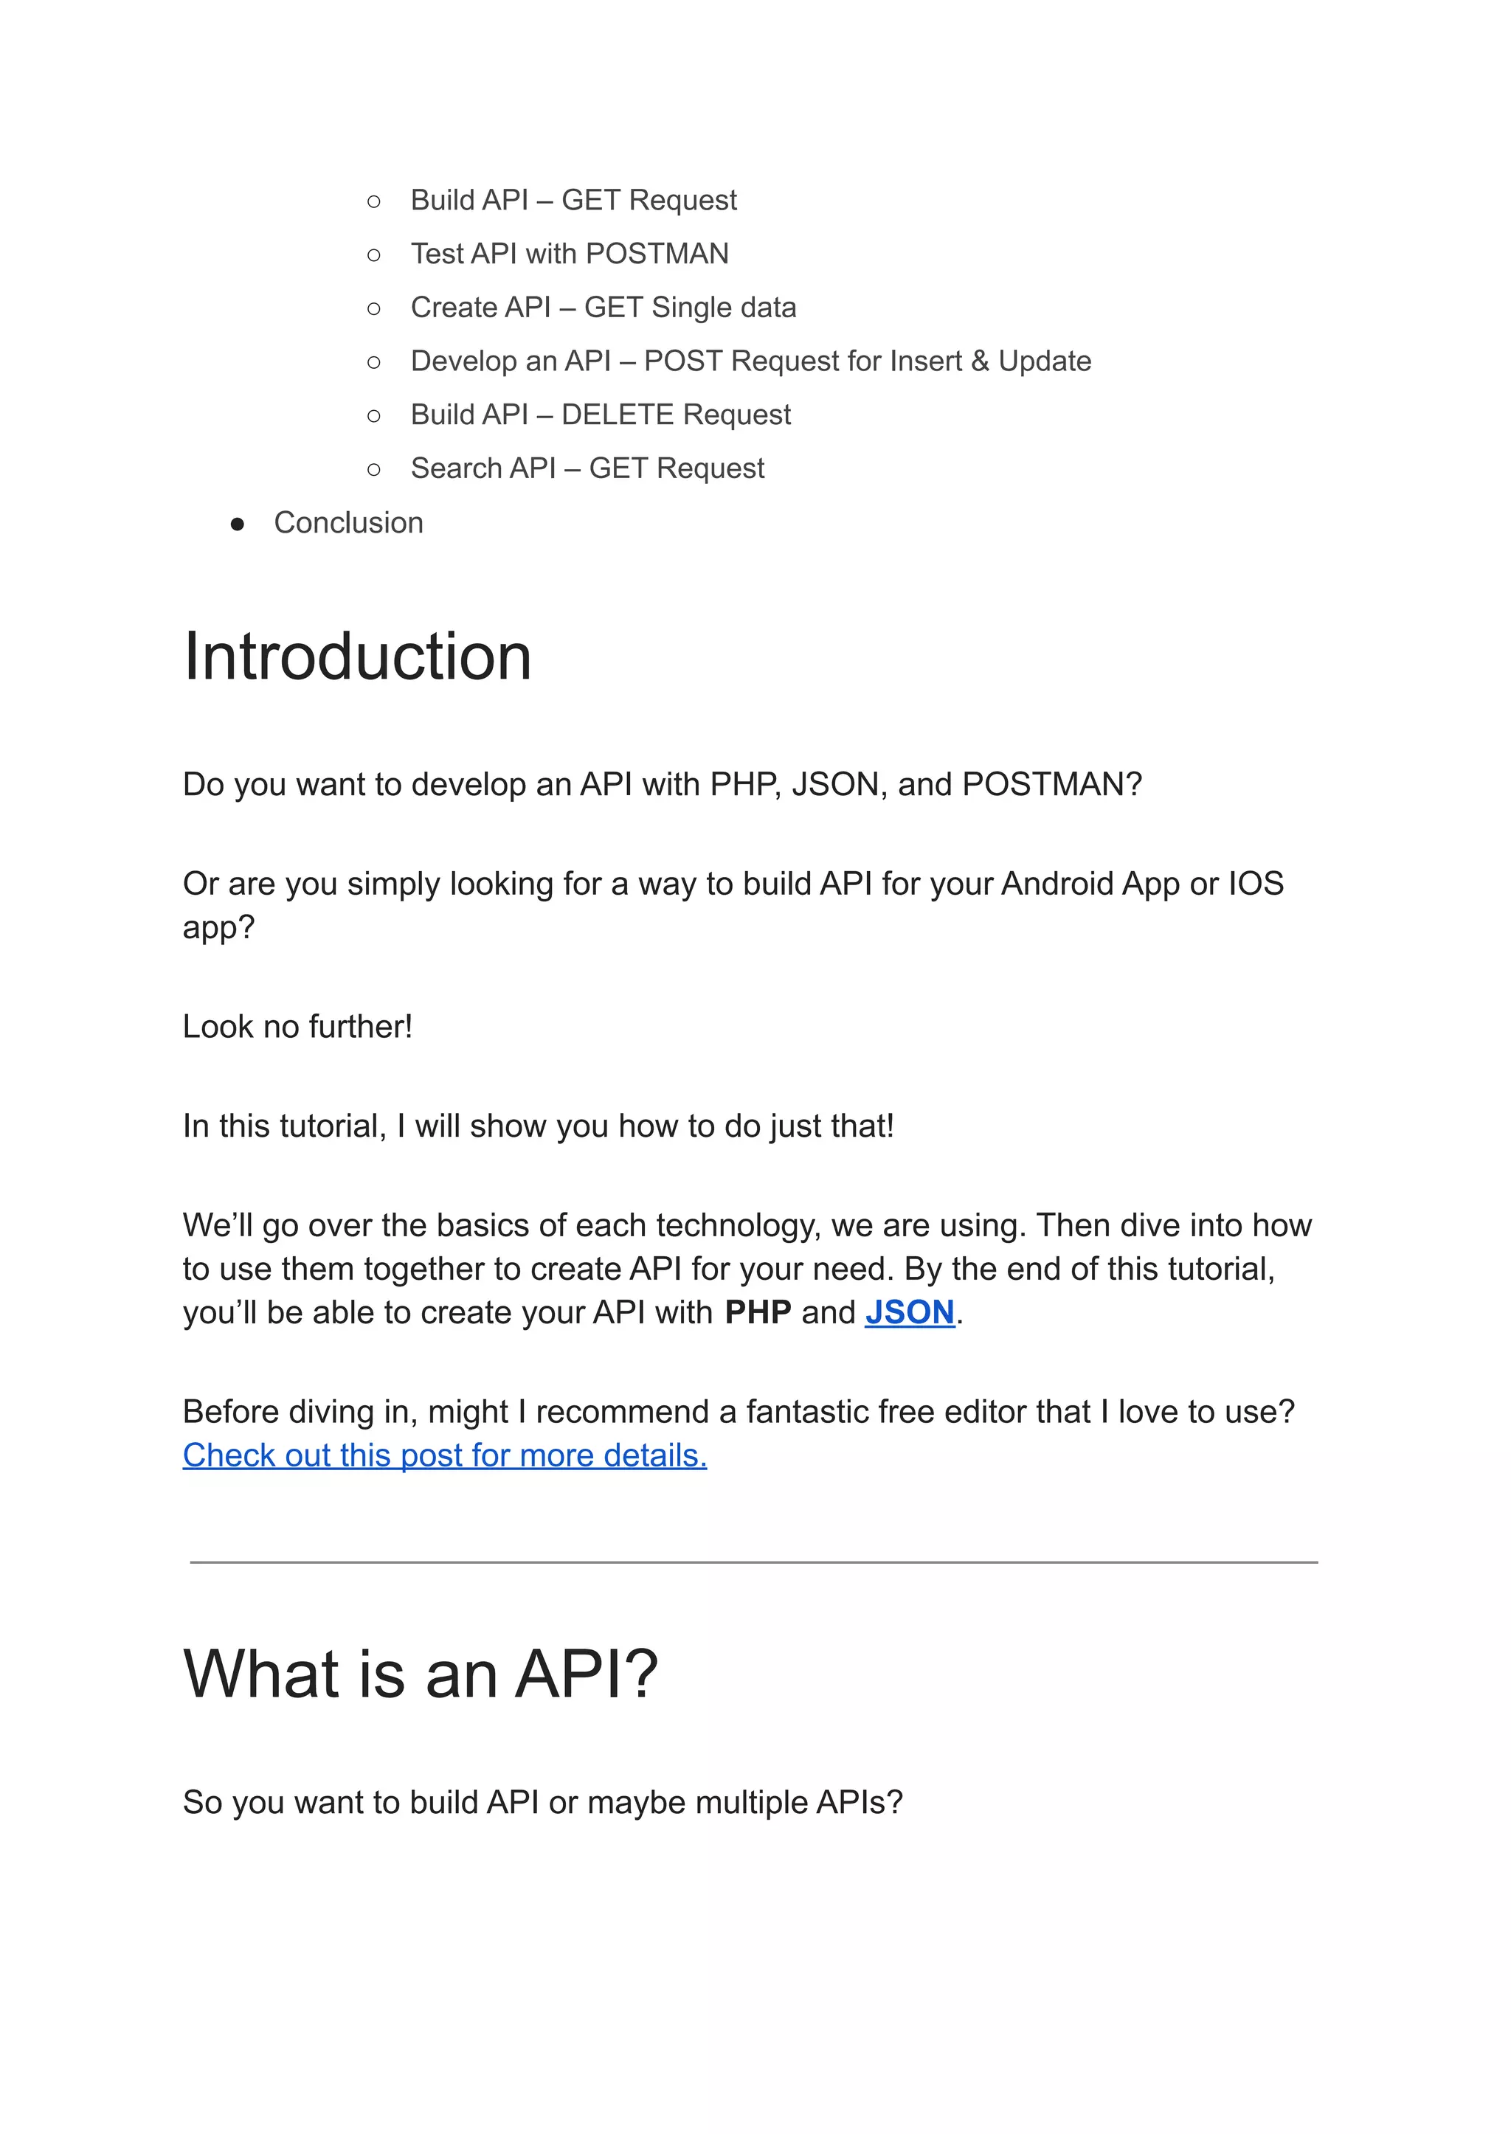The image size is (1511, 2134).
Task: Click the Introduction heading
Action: pyautogui.click(x=357, y=657)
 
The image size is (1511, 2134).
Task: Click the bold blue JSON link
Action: pyautogui.click(x=909, y=1312)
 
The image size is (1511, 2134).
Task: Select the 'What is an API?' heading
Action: pyautogui.click(x=421, y=1674)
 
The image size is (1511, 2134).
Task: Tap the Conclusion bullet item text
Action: pyautogui.click(x=348, y=523)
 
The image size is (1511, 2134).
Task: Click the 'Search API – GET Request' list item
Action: pyautogui.click(x=587, y=469)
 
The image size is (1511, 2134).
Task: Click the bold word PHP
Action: pyautogui.click(x=758, y=1312)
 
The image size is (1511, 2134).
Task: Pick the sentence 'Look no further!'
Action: pyautogui.click(x=297, y=1027)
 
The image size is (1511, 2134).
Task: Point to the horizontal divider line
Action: pyautogui.click(x=753, y=1563)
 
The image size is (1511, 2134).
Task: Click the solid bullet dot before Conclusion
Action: pyautogui.click(x=238, y=524)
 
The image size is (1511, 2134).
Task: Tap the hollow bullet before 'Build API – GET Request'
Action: pyautogui.click(x=374, y=201)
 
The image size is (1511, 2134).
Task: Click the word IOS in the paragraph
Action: pyautogui.click(x=1256, y=884)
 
